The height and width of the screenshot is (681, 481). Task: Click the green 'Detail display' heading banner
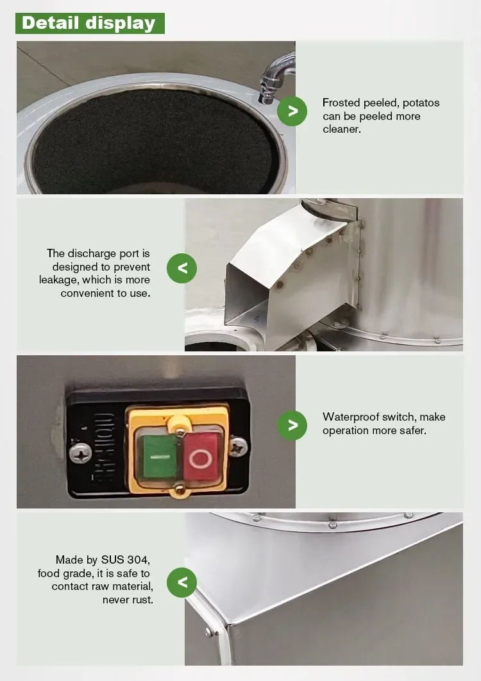(x=90, y=23)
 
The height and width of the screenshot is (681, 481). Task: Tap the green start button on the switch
(x=160, y=457)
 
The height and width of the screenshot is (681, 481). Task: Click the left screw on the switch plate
(x=80, y=453)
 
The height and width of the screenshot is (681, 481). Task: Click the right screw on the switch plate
(x=239, y=448)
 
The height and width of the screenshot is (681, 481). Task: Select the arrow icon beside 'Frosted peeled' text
(x=292, y=111)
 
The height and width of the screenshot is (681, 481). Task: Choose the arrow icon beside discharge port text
(x=181, y=269)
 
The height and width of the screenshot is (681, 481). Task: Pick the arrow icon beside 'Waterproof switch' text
(x=292, y=425)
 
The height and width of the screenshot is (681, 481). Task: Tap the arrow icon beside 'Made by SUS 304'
(x=181, y=582)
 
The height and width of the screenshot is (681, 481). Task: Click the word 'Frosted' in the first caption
(x=342, y=103)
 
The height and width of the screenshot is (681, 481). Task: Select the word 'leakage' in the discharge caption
(x=58, y=280)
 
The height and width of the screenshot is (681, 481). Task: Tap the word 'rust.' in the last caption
(x=142, y=600)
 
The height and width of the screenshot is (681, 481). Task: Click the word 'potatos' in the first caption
(x=421, y=103)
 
